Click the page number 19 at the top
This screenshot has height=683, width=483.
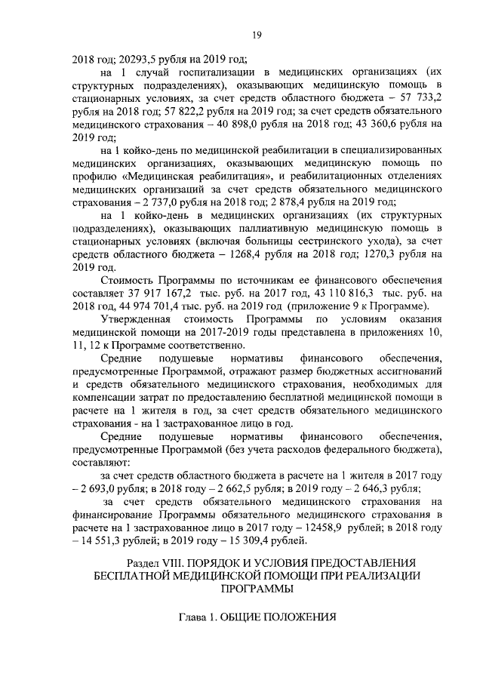pyautogui.click(x=256, y=33)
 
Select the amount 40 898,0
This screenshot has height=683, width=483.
pyautogui.click(x=244, y=125)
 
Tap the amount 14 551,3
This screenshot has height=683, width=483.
pyautogui.click(x=106, y=542)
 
